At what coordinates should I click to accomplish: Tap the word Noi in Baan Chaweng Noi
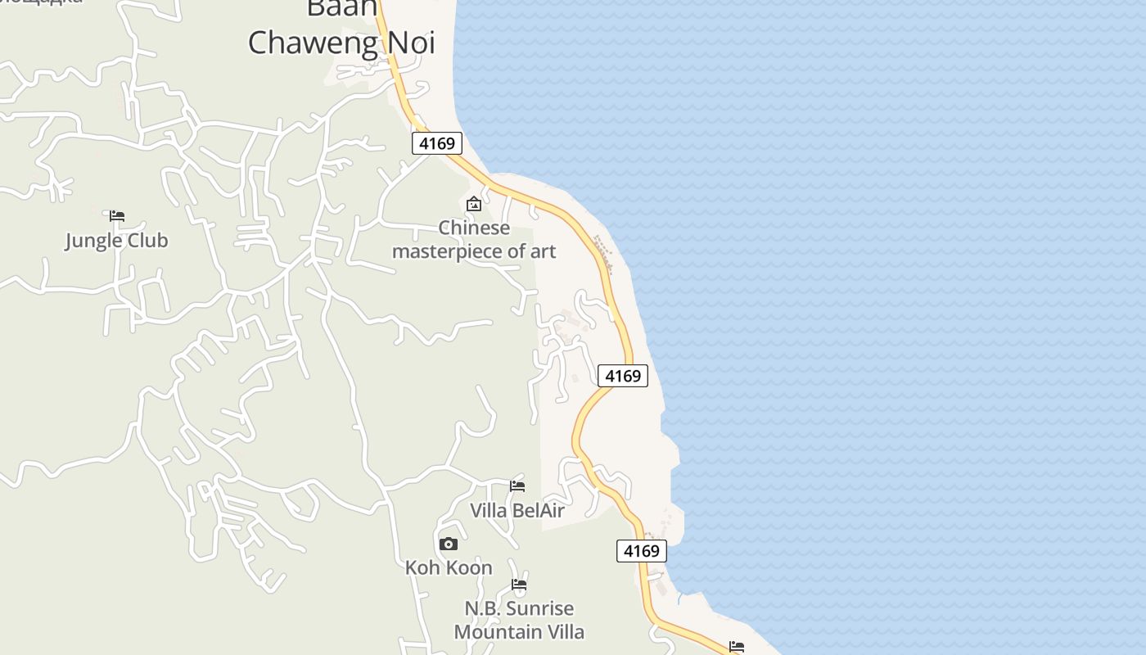[x=413, y=43]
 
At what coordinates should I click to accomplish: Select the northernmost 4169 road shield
[x=436, y=144]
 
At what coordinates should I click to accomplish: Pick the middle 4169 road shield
[x=622, y=376]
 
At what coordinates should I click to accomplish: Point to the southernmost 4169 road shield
[x=641, y=551]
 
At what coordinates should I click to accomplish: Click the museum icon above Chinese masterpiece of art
[x=473, y=204]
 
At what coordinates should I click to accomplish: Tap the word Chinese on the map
[x=473, y=228]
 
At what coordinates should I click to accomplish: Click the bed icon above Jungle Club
[x=117, y=216]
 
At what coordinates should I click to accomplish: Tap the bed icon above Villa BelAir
[x=517, y=486]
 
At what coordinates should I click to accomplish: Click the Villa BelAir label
[x=517, y=511]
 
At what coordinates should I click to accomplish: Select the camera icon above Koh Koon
[x=448, y=544]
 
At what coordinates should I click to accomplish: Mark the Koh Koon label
[x=449, y=567]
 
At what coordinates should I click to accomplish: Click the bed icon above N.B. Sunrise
[x=519, y=585]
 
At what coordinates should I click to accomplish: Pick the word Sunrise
[x=539, y=609]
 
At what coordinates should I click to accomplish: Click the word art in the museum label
[x=543, y=251]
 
